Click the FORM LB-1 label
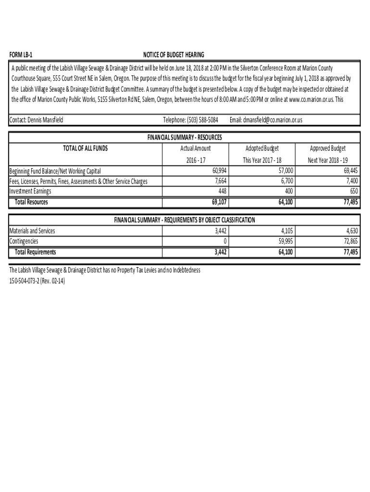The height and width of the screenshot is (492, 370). tap(21, 55)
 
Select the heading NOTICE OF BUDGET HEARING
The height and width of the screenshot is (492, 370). tap(173, 55)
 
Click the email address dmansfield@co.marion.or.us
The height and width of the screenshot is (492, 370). tap(266, 120)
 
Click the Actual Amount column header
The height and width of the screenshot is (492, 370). tap(195, 148)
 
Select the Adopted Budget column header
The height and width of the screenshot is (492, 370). tap(262, 148)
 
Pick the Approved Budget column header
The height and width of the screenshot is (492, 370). tap(328, 148)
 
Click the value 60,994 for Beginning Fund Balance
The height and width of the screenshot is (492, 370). tap(219, 171)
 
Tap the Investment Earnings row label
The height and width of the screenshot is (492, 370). tap(30, 191)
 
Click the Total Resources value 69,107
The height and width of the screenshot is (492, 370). tap(219, 202)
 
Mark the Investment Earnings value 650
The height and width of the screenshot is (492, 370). tap(353, 191)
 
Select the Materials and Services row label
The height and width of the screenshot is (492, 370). tap(32, 231)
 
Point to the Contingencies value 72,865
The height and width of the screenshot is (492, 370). tap(350, 241)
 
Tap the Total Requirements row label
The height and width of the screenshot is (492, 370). tap(35, 252)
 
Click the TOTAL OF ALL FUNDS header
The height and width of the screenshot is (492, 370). tap(86, 148)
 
